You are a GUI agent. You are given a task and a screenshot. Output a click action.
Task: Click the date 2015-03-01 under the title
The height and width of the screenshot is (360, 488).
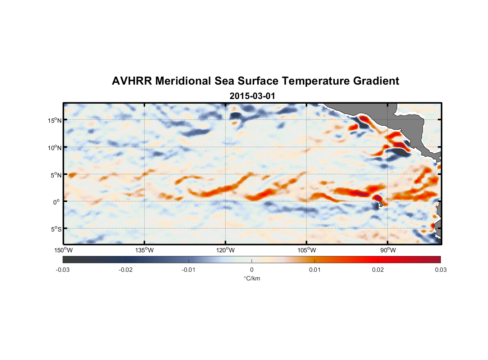click(x=252, y=96)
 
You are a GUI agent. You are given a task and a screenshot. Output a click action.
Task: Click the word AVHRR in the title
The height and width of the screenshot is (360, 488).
click(x=131, y=81)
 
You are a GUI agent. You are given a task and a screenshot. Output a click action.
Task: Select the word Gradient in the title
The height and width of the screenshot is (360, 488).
click(x=376, y=81)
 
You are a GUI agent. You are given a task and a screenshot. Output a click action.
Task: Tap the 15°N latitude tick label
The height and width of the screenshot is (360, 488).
click(x=54, y=120)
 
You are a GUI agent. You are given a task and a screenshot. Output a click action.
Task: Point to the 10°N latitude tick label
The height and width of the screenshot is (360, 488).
click(x=54, y=148)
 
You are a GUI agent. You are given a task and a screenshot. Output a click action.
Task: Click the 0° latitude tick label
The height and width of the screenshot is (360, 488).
click(x=57, y=202)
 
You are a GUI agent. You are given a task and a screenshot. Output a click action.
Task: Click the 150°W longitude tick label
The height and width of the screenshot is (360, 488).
click(x=63, y=250)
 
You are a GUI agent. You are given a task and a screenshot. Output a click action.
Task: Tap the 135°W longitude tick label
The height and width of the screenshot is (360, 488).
click(x=144, y=250)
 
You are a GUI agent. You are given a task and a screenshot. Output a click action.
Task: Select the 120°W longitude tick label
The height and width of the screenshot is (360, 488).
click(x=225, y=250)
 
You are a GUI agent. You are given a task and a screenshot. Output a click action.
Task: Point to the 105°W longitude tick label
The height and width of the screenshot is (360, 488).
click(x=307, y=250)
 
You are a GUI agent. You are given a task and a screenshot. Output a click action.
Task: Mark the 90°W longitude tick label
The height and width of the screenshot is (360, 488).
click(x=388, y=250)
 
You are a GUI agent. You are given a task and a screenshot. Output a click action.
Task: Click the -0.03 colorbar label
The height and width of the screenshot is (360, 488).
click(x=63, y=270)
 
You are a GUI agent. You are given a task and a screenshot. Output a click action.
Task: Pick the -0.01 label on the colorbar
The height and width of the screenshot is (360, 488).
click(x=189, y=270)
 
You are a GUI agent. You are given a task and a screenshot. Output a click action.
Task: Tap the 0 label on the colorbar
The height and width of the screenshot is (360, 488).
click(x=252, y=270)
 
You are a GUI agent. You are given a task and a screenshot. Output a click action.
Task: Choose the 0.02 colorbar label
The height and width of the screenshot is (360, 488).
click(x=378, y=270)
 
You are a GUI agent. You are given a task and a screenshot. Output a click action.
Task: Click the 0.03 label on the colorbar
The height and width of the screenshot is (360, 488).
click(x=440, y=270)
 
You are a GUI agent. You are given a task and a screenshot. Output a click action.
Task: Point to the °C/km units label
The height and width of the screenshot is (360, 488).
click(x=252, y=278)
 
